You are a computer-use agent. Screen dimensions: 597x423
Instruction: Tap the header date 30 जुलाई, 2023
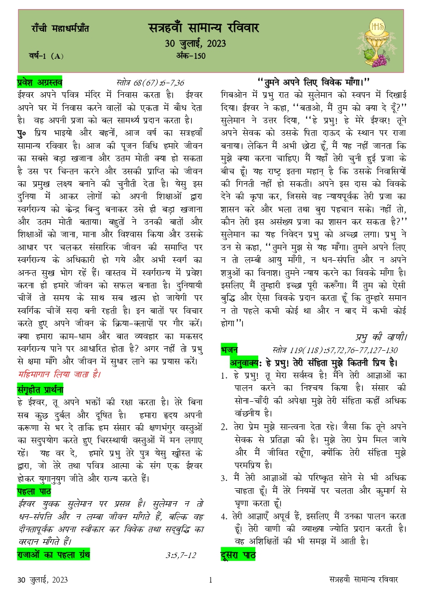pos(195,44)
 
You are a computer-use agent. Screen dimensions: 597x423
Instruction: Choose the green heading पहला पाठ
pos(34,491)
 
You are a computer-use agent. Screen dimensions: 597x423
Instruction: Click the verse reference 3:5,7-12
pos(181,555)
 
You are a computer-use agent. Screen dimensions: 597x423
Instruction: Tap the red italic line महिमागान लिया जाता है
pos(59,374)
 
